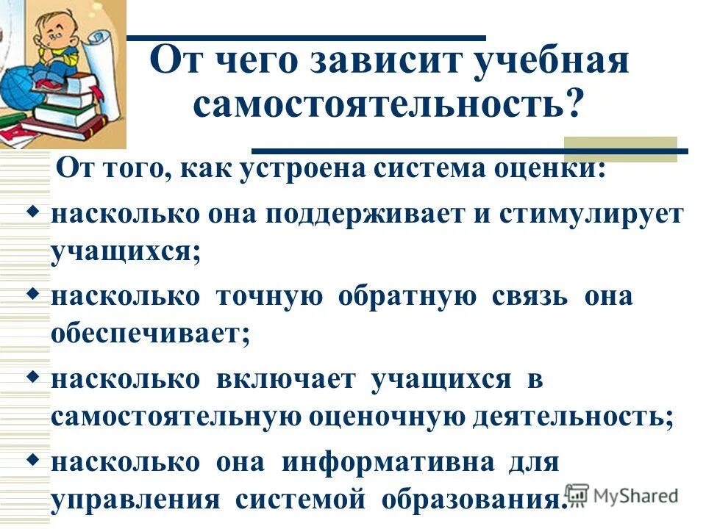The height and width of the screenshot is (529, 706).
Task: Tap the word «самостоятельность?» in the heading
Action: [388, 105]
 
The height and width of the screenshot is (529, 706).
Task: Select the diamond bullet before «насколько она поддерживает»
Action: [32, 212]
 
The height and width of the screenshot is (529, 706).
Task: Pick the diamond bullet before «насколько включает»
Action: [32, 376]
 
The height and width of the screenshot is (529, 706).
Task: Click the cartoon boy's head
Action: [54, 33]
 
